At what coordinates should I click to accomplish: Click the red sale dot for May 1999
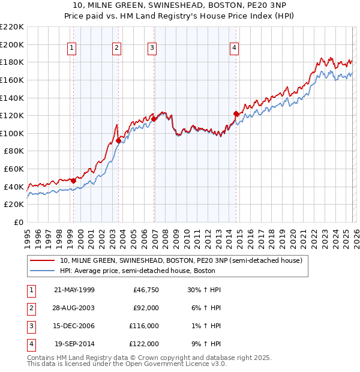click(x=73, y=180)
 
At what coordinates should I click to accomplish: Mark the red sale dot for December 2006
click(x=154, y=119)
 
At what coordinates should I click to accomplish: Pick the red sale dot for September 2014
click(x=236, y=113)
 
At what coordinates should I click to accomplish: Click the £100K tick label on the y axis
click(x=12, y=133)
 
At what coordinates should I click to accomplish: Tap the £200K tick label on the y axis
click(x=12, y=44)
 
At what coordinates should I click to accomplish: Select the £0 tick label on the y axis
click(x=18, y=222)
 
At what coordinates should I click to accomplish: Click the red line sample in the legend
click(x=42, y=260)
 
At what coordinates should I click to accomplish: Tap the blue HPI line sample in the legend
click(x=42, y=271)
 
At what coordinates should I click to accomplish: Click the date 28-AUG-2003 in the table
click(x=74, y=308)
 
